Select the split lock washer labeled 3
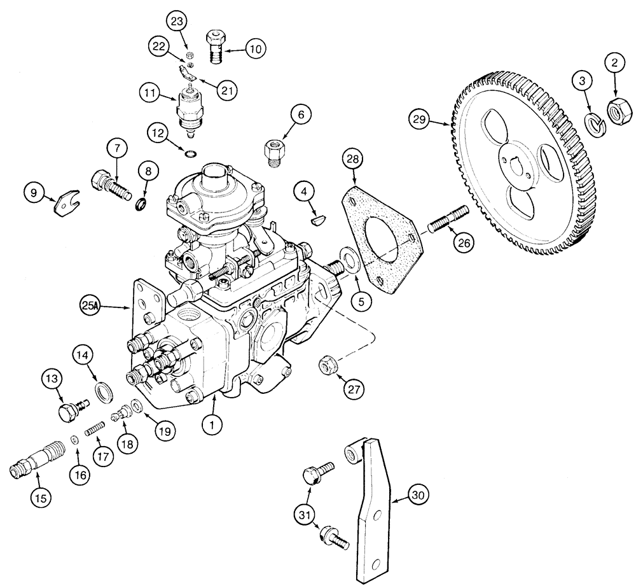(x=596, y=122)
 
